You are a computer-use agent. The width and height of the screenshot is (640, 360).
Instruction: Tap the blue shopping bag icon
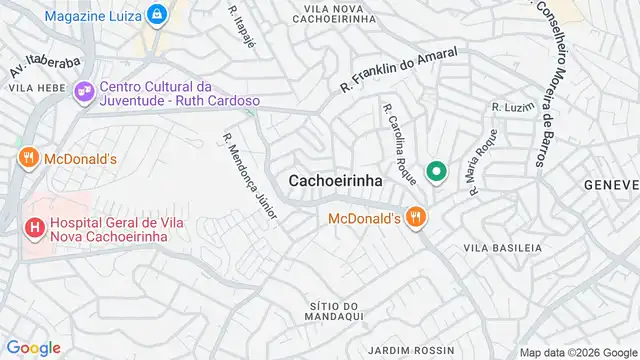click(157, 14)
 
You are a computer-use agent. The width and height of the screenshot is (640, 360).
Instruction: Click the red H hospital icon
click(35, 227)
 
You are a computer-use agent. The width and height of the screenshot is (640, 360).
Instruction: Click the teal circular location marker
click(436, 172)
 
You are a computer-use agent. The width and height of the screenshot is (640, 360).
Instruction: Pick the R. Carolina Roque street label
click(398, 141)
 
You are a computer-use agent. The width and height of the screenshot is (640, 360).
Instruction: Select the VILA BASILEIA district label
click(502, 247)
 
